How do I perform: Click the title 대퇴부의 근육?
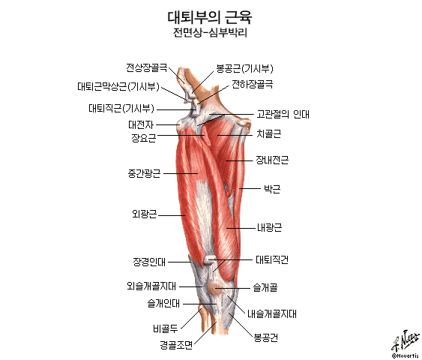[x=210, y=17]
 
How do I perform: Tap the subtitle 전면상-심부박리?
[x=210, y=33]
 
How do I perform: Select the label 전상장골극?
[x=147, y=67]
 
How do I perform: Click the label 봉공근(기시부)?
[x=244, y=69]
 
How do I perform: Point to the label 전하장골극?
[x=253, y=84]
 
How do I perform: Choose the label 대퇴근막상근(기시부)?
[x=118, y=86]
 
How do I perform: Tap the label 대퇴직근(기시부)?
[x=121, y=108]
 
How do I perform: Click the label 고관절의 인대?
[x=283, y=114]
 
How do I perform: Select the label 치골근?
[x=268, y=133]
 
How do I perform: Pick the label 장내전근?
[x=272, y=160]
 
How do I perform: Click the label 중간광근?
[x=144, y=173]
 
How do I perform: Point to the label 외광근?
[x=144, y=214]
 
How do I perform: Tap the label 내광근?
[x=269, y=228]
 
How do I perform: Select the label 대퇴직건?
[x=272, y=259]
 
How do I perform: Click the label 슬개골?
[x=265, y=287]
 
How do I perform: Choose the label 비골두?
[x=166, y=328]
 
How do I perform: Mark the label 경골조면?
[x=177, y=345]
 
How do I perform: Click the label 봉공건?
[x=266, y=337]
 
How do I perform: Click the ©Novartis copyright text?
[x=406, y=356]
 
